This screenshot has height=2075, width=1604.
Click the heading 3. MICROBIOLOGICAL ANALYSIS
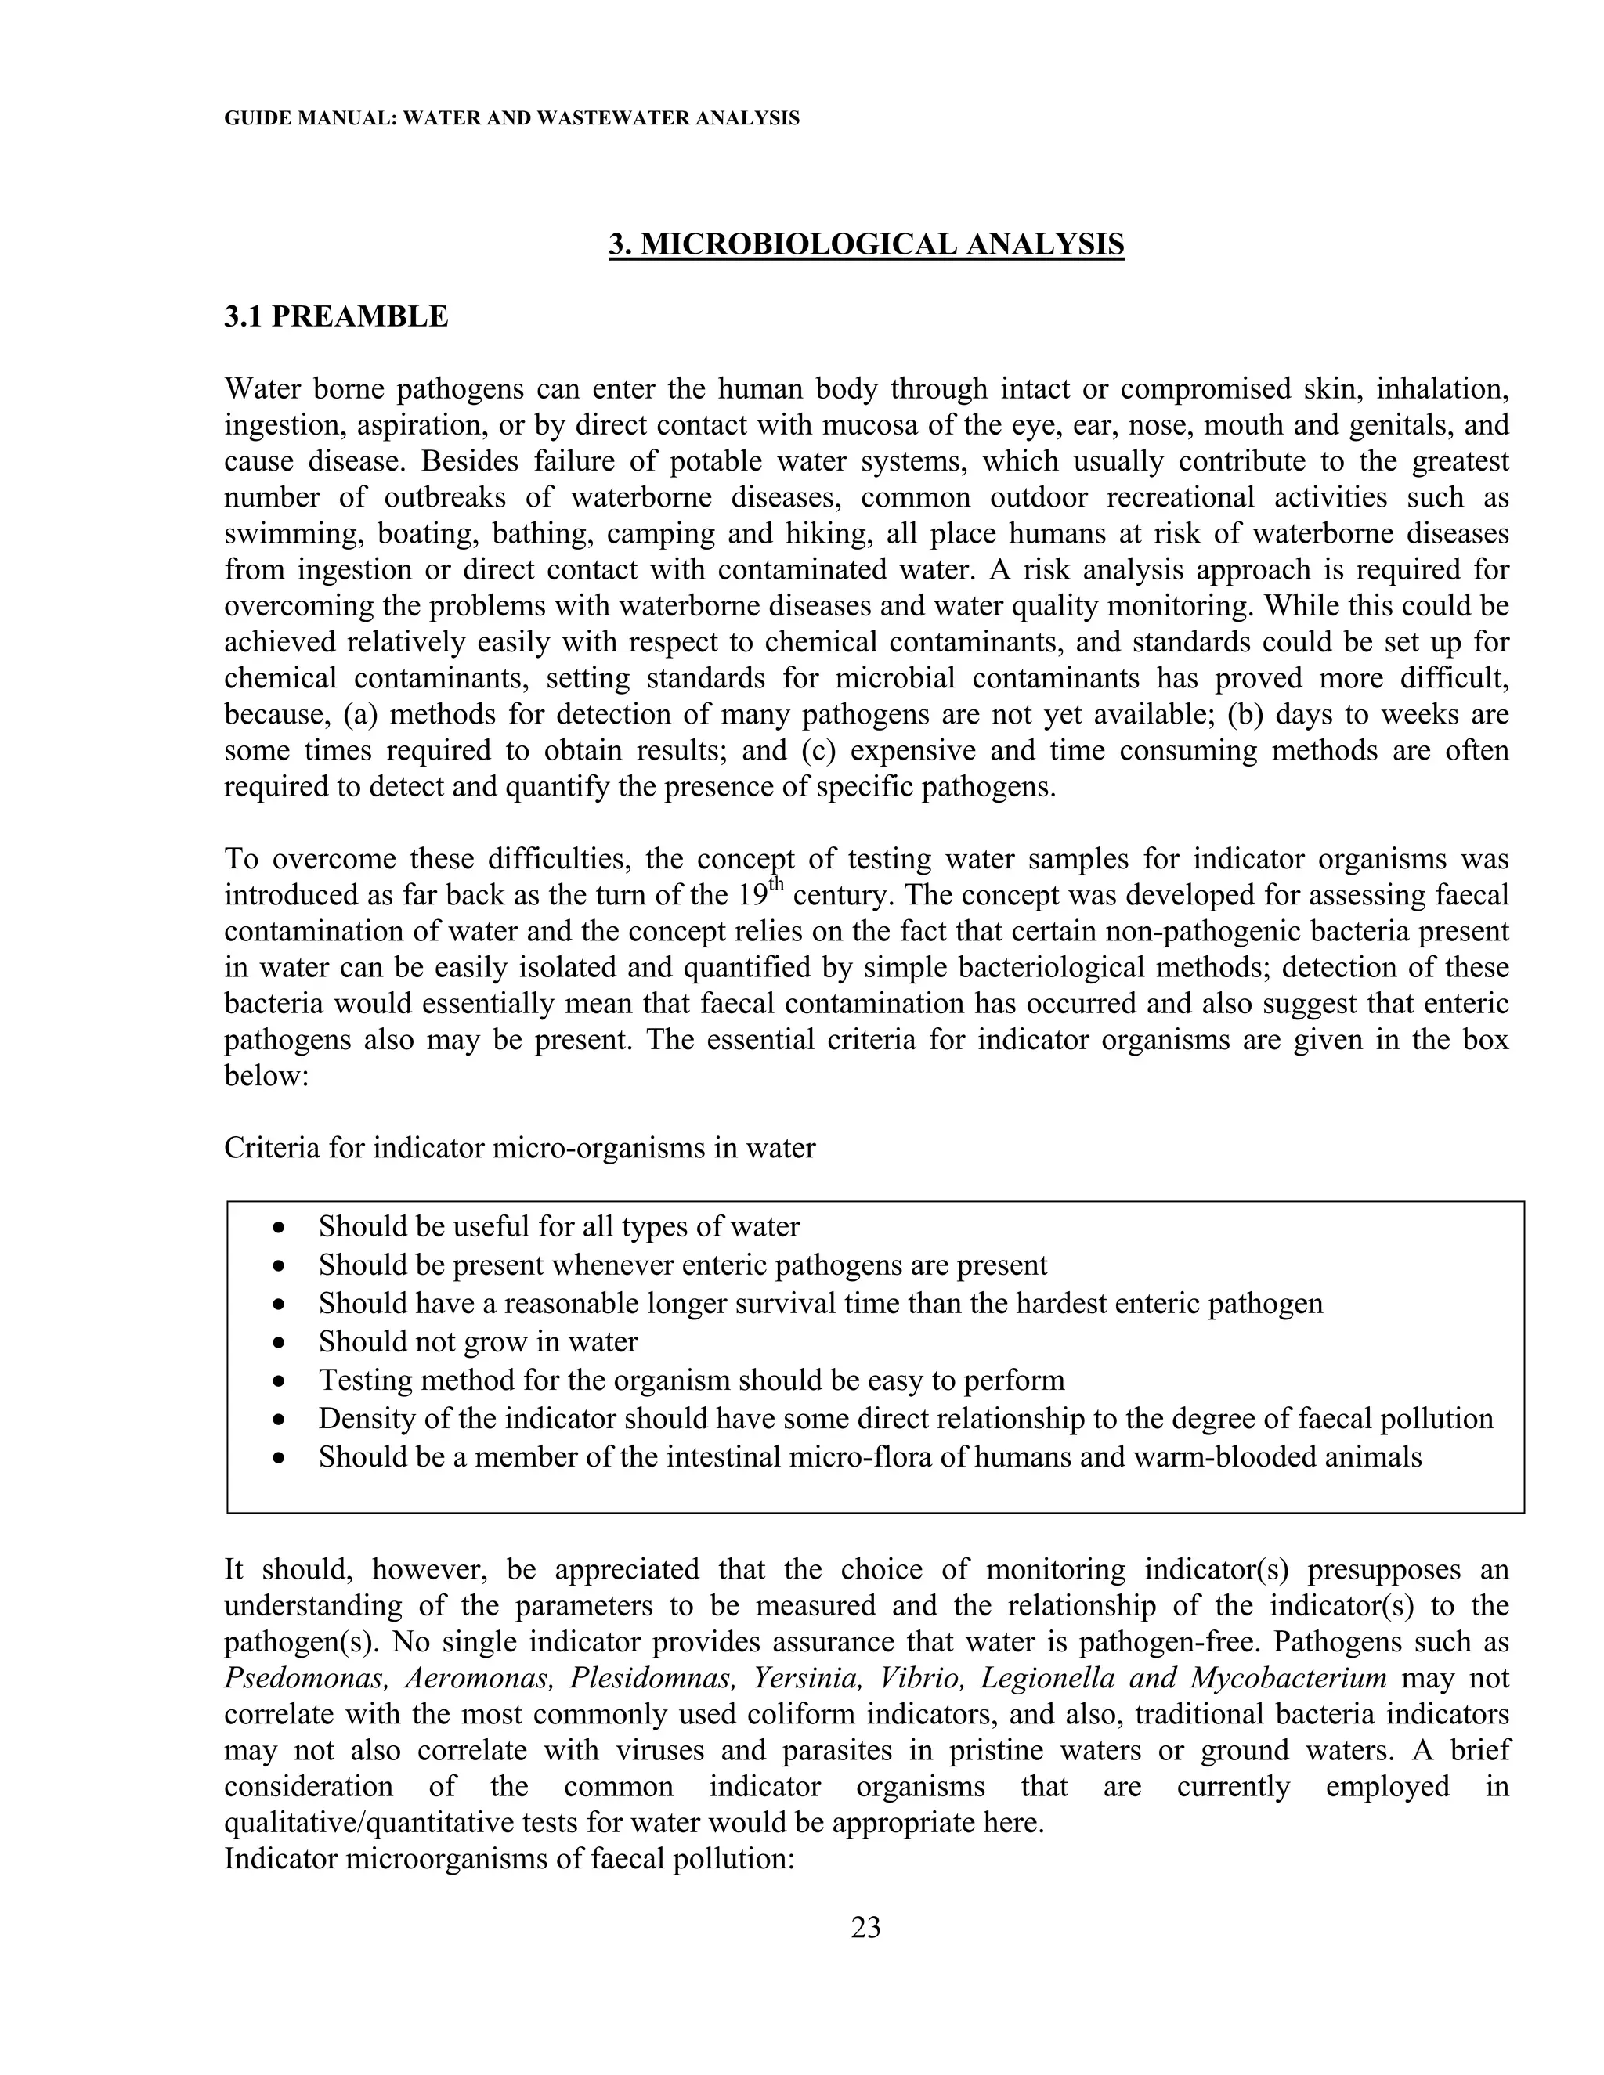point(865,244)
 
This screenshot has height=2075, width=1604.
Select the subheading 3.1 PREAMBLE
point(335,316)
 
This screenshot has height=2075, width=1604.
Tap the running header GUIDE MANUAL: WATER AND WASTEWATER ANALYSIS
point(511,119)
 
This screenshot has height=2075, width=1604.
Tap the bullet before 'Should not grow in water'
point(277,1342)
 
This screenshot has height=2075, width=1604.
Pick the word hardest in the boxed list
point(1057,1304)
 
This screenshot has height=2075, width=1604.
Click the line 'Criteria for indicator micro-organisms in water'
point(518,1149)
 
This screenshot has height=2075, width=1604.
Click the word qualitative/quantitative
point(369,1823)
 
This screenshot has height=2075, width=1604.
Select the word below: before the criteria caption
point(266,1077)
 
